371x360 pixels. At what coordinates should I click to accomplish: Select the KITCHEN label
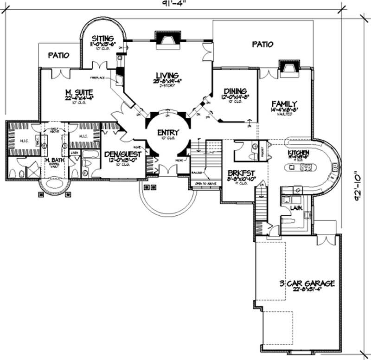(x=298, y=153)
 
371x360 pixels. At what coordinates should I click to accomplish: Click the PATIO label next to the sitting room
(x=58, y=55)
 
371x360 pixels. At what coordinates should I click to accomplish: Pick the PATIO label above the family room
(x=262, y=45)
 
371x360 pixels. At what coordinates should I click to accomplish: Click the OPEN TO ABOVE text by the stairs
(x=204, y=182)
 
